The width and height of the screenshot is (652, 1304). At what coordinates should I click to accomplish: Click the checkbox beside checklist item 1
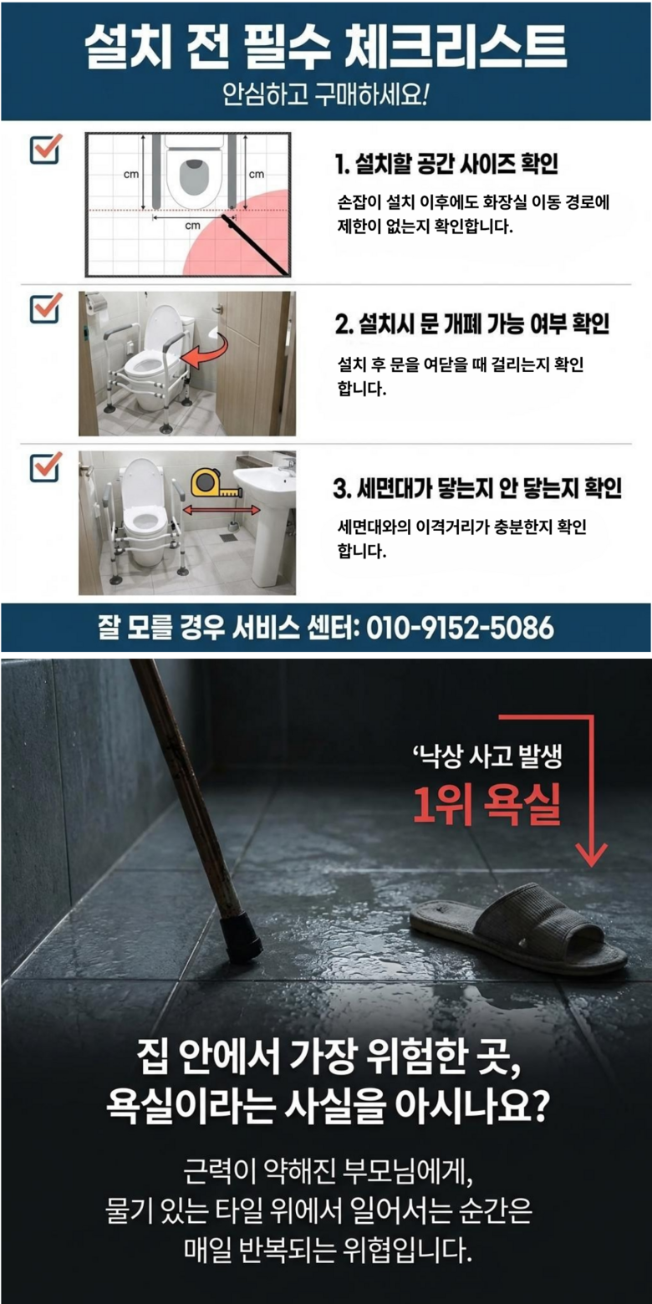coord(45,150)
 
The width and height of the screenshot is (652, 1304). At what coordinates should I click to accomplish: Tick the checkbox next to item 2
coord(45,308)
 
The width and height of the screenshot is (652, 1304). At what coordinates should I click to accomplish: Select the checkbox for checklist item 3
coord(45,467)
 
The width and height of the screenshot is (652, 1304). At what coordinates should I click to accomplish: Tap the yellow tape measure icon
coord(216,484)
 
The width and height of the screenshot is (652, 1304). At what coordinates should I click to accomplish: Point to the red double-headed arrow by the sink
coord(222,510)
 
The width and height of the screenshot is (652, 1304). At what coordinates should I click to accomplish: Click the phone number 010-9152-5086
coord(460,628)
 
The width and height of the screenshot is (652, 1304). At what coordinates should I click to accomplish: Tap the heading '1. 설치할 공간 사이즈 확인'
coord(446,164)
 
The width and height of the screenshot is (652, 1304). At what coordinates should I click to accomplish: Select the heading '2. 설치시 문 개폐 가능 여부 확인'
coord(472,323)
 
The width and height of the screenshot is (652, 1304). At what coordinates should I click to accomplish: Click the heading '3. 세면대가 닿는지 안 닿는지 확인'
coord(477,488)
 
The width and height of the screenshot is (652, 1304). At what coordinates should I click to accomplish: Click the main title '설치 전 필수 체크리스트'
coord(325,47)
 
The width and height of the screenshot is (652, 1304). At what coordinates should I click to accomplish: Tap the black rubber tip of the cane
coord(241,939)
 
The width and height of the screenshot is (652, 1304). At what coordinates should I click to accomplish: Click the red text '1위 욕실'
coord(486,805)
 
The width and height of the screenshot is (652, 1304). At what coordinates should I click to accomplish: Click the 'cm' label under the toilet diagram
coord(192,226)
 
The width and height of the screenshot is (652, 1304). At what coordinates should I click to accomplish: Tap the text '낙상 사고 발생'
coord(487,756)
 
